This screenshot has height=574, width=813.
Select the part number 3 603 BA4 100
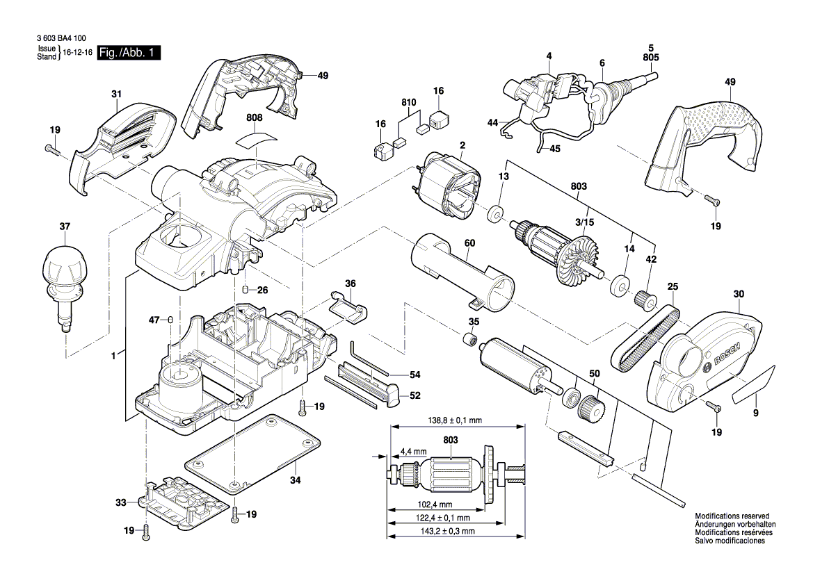click(x=55, y=40)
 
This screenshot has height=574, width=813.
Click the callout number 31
click(x=115, y=94)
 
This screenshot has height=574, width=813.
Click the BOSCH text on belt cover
click(x=723, y=352)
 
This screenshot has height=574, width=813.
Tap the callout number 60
click(x=469, y=244)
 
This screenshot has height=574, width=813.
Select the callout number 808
click(x=255, y=119)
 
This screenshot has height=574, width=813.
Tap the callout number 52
click(x=414, y=395)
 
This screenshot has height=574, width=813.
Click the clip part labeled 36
click(x=348, y=306)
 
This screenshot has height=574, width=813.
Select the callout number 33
click(x=121, y=502)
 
